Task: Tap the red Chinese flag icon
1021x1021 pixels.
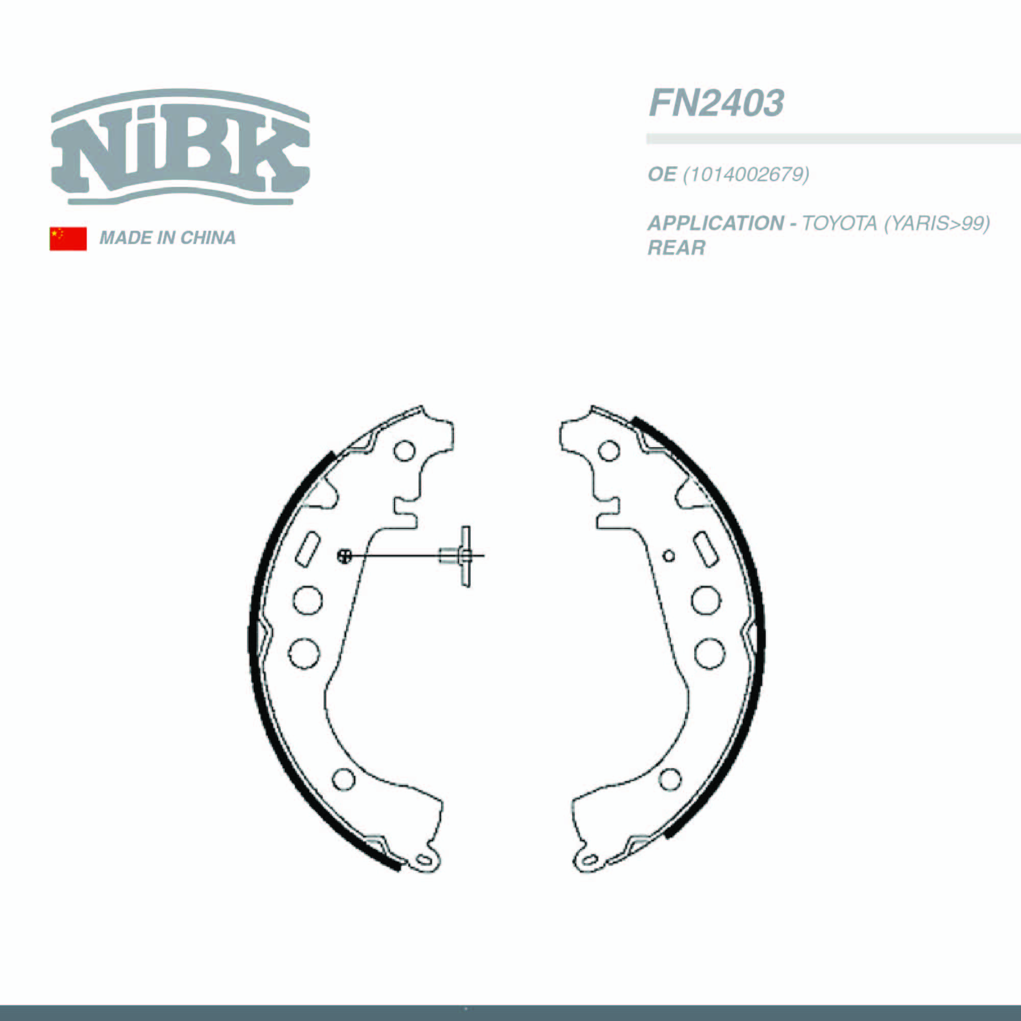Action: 68,238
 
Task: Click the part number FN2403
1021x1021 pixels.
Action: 716,103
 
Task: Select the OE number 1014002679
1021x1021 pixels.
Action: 746,175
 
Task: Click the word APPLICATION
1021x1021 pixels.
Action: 716,224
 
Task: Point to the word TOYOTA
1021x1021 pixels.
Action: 839,224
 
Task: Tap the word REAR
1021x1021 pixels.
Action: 676,248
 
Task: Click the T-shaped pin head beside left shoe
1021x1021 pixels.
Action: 465,555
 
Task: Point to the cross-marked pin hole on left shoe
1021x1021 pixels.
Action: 344,555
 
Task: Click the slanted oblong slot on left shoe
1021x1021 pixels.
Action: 307,550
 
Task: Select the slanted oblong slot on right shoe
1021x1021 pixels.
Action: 706,550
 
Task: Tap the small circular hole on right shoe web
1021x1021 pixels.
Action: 669,556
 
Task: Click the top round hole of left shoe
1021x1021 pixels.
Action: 405,451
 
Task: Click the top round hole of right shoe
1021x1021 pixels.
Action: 609,451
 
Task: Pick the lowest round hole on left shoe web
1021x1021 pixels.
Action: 344,780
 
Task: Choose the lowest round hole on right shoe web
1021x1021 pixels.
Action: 670,780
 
